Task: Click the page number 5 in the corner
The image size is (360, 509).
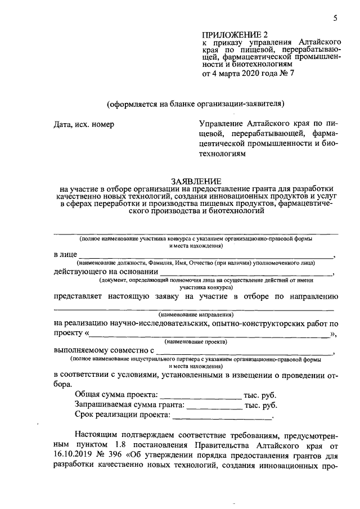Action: pos(335,18)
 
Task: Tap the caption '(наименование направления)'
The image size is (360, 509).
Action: pos(196,314)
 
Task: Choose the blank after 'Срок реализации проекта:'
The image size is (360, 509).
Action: pos(222,417)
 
